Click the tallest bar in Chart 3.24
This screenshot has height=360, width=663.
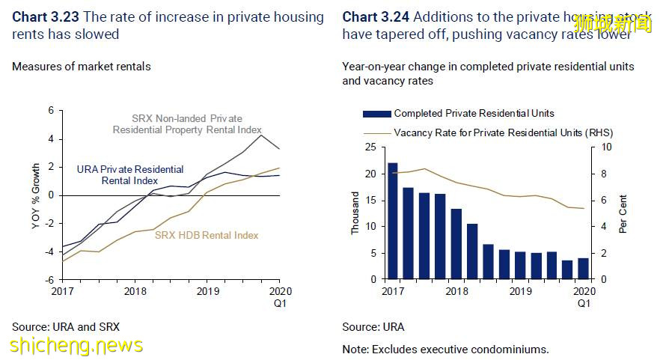click(393, 221)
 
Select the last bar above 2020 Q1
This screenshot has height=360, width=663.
click(583, 269)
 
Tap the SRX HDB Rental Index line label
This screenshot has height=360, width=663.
click(207, 235)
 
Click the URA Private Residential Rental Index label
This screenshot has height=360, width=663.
click(129, 175)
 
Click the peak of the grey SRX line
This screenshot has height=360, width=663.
click(260, 135)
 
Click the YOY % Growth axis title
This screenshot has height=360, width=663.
click(35, 194)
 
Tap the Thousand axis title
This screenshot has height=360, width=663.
click(355, 213)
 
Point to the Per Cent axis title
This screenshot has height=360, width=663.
click(623, 214)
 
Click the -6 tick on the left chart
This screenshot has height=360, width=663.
click(50, 279)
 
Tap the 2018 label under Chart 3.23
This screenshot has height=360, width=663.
click(135, 291)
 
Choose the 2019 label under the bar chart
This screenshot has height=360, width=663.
click(517, 291)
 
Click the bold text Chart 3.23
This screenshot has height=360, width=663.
click(46, 16)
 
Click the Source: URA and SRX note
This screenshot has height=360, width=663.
click(66, 327)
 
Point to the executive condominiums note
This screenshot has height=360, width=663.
click(446, 349)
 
